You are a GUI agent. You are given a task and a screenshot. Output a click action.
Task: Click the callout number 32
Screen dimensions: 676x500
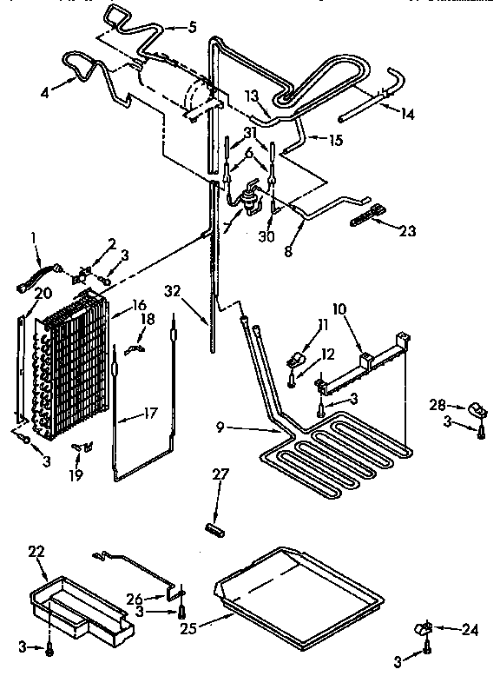pyautogui.click(x=176, y=291)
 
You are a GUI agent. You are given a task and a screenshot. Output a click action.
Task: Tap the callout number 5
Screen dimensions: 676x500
pyautogui.click(x=193, y=27)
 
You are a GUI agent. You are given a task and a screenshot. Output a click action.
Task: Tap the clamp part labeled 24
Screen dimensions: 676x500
pyautogui.click(x=424, y=626)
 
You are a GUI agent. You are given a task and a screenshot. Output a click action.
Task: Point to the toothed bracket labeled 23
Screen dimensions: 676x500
pyautogui.click(x=365, y=215)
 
